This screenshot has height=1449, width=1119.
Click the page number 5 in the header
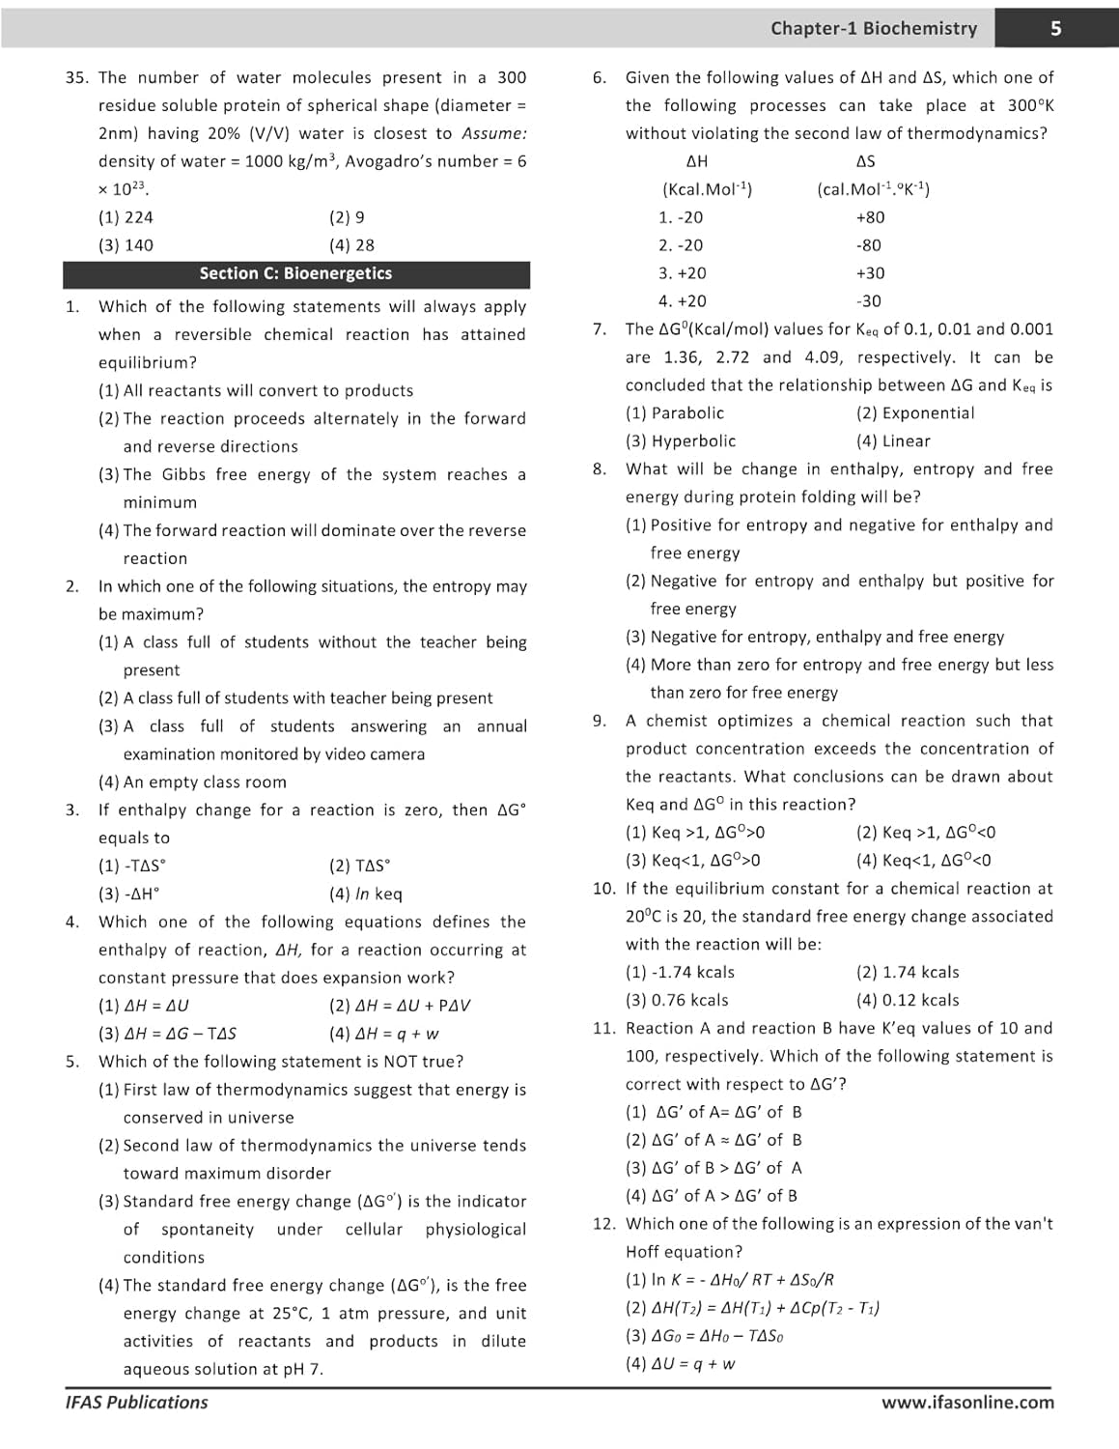pos(1055,28)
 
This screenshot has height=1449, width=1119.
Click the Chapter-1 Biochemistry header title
pos(874,28)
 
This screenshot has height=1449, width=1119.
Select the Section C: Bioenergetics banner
pos(295,273)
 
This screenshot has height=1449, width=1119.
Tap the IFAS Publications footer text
pos(136,1402)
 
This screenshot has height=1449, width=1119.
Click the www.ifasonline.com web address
pos(967,1402)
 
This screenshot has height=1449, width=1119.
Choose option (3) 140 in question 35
pos(126,245)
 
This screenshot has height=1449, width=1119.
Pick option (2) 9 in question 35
pos(347,217)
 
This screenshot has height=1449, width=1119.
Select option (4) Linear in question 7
pos(893,440)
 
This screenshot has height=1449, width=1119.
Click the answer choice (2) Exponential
pos(914,412)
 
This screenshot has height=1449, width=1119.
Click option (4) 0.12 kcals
pos(907,1000)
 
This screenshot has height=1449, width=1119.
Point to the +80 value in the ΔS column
pos(870,217)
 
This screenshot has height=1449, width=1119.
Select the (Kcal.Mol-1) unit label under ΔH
pos(707,189)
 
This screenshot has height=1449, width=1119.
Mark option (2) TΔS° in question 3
pos(359,866)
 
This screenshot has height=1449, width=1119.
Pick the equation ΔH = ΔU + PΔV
pos(400,1006)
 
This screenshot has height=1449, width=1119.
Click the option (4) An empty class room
pos(192,781)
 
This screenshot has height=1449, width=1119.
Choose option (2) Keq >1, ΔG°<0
pos(925,832)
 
